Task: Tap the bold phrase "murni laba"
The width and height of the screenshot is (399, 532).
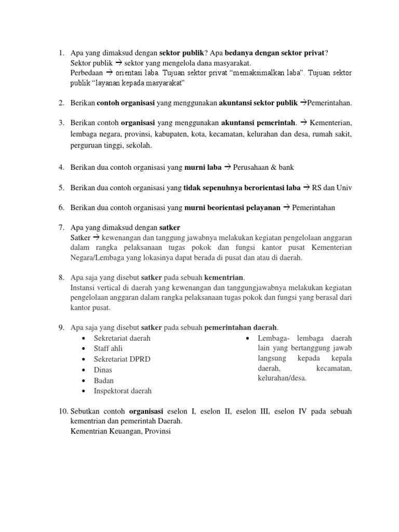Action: pos(203,167)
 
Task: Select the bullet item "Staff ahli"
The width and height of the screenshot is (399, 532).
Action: pos(108,349)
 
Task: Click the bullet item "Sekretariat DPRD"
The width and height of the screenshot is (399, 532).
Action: pos(122,359)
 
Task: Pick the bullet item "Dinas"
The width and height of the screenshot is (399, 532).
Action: pos(103,370)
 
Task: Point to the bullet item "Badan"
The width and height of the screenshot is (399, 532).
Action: pos(104,380)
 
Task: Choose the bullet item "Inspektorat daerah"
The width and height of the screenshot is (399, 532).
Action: pos(123,391)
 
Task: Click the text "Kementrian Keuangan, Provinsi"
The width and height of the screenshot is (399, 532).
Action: pos(120,431)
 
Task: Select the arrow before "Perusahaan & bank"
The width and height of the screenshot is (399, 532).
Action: pos(227,167)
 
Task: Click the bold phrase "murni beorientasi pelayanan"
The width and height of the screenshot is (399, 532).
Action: pos(232,208)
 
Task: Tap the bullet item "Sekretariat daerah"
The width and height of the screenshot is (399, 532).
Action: pos(122,338)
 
